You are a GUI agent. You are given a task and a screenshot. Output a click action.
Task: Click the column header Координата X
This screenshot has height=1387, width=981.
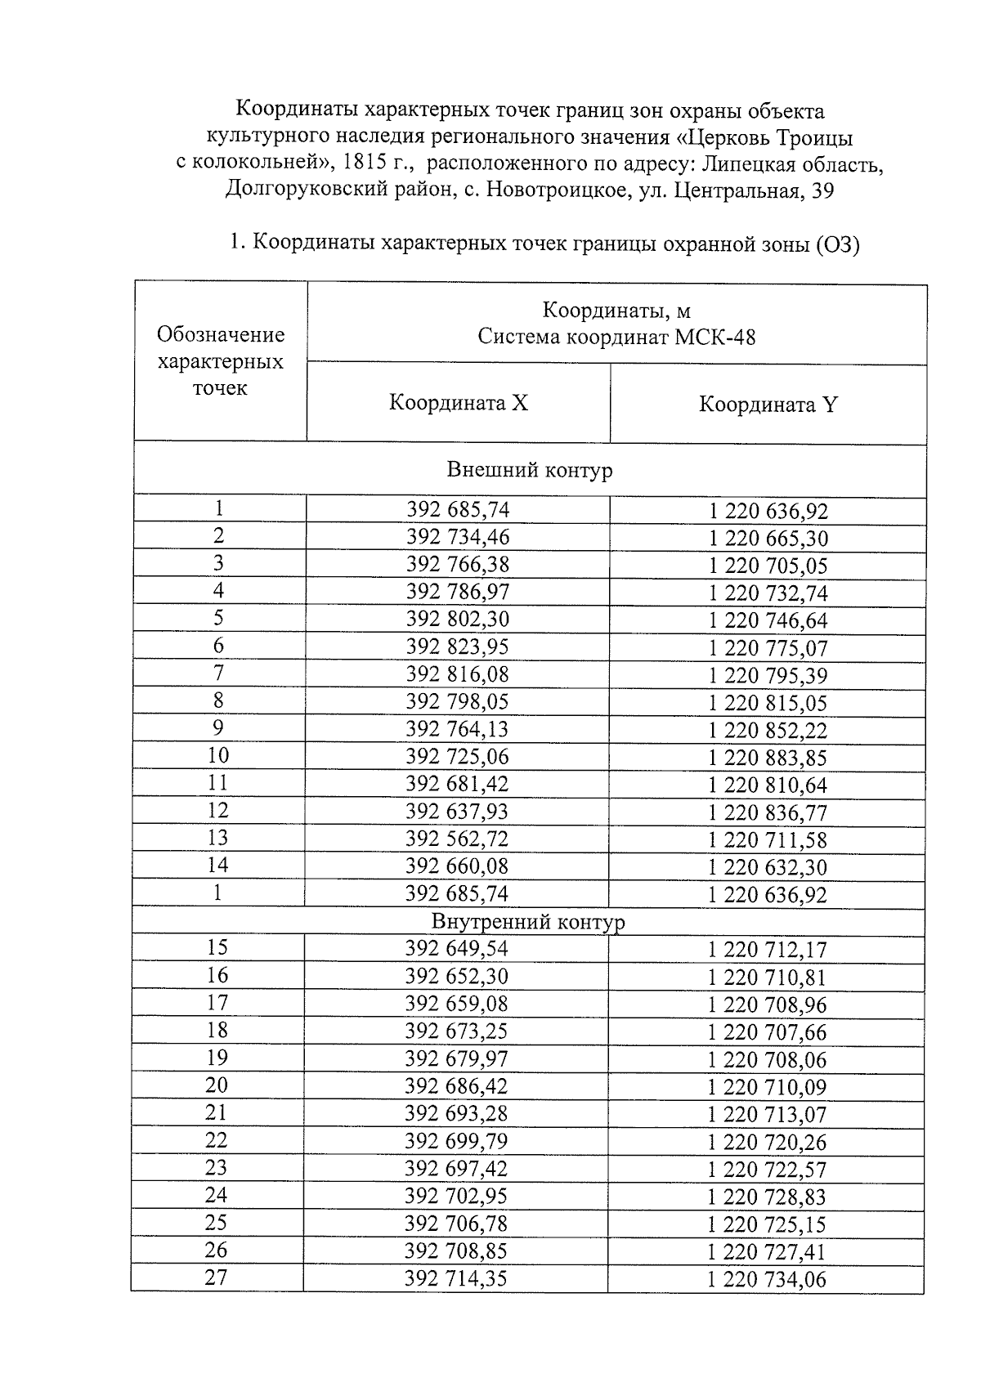point(458,403)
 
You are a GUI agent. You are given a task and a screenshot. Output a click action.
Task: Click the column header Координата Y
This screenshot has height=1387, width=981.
point(768,405)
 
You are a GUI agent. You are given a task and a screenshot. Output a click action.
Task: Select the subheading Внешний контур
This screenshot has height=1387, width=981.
point(529,470)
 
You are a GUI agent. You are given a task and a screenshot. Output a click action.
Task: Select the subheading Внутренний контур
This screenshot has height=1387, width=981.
point(528,922)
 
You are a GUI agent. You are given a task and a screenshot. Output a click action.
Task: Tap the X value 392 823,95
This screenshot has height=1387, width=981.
point(457,647)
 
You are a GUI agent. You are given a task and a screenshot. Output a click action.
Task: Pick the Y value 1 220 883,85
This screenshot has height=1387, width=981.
point(768,758)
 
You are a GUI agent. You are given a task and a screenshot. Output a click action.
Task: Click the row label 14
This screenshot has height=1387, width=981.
point(217,865)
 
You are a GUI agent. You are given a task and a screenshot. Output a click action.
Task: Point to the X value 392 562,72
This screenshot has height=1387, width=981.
point(457,839)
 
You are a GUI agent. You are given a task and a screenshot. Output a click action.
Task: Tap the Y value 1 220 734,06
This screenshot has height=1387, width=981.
point(767,1280)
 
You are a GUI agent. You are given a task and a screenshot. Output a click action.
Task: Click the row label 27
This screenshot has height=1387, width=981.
point(216,1277)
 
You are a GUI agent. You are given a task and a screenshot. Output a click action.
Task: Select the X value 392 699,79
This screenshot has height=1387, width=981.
point(456,1141)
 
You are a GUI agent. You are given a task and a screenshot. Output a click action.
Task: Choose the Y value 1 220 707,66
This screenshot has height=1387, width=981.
point(767,1032)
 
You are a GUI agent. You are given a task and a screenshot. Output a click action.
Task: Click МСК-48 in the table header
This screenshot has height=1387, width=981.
point(714,337)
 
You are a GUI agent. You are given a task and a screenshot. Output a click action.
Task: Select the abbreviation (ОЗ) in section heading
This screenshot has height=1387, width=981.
point(837,244)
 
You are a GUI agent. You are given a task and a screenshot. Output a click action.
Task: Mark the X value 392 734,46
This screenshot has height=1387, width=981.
point(458,537)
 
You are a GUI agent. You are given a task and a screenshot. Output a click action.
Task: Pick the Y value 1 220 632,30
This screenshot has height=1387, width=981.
point(768,867)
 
